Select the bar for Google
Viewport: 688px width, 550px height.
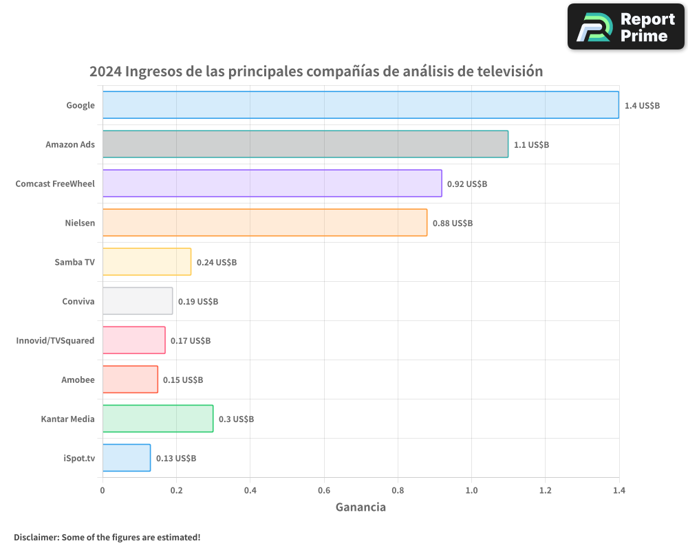tap(361, 105)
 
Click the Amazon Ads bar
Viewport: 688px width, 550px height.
tap(305, 144)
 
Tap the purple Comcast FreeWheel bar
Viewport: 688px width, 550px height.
tap(272, 184)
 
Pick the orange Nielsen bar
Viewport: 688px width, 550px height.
tap(265, 223)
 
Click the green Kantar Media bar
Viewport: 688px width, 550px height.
tap(158, 419)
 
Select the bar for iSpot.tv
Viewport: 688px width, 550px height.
tap(127, 458)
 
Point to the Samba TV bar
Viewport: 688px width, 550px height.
tap(147, 262)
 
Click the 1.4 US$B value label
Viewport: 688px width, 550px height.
tap(642, 106)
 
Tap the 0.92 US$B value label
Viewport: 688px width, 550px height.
tap(466, 184)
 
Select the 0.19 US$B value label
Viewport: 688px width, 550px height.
tap(197, 302)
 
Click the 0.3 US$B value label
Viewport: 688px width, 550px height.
tap(236, 419)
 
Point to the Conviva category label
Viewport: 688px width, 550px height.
tap(78, 301)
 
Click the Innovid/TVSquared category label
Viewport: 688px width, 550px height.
tap(55, 340)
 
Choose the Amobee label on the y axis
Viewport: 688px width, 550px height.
tap(78, 379)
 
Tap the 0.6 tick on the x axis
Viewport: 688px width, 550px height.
tap(323, 491)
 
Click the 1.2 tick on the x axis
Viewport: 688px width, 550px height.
tap(545, 491)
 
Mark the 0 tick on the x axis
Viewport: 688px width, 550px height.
tap(103, 491)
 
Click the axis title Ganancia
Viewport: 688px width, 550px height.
tap(361, 507)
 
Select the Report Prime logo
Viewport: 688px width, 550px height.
tap(625, 27)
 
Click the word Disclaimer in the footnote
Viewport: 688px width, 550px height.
tap(36, 537)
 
